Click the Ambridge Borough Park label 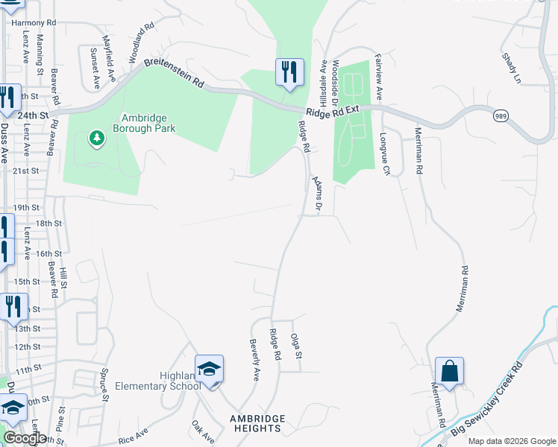pyautogui.click(x=144, y=123)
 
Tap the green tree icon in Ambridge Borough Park pyautogui.click(x=95, y=138)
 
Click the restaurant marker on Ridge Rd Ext pyautogui.click(x=289, y=72)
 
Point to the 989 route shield pyautogui.click(x=501, y=115)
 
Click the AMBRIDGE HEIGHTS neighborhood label pyautogui.click(x=256, y=423)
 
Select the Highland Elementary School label pyautogui.click(x=155, y=381)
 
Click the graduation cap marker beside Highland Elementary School pyautogui.click(x=209, y=369)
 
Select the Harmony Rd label pyautogui.click(x=34, y=23)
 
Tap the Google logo pyautogui.click(x=25, y=438)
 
